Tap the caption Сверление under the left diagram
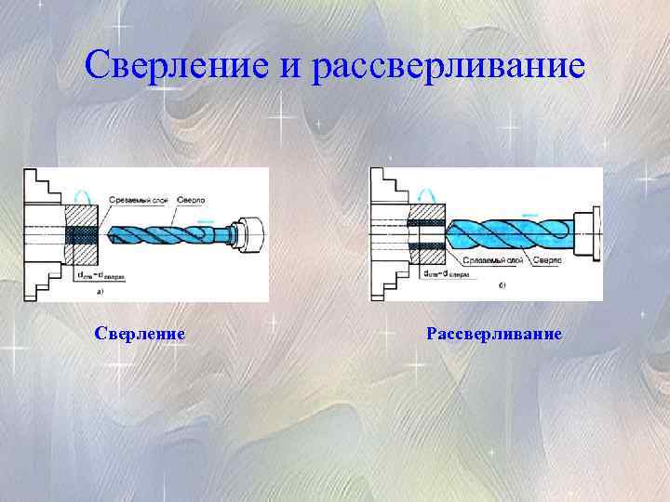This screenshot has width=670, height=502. point(141,333)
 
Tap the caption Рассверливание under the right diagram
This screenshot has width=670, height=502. point(494,333)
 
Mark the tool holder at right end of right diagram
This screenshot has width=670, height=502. point(587,231)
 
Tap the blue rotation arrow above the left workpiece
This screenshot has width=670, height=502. point(80,194)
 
